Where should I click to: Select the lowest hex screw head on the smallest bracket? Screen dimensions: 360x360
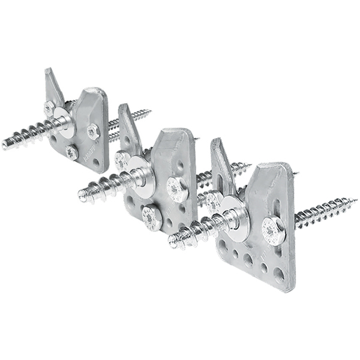pyautogui.click(x=71, y=152)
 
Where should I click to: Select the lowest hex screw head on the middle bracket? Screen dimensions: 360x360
pyautogui.click(x=151, y=217)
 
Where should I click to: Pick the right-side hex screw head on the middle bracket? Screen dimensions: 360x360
pyautogui.click(x=176, y=188)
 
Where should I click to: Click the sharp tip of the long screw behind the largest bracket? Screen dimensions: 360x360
pyautogui.click(x=355, y=200)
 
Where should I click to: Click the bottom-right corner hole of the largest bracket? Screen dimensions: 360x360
pyautogui.click(x=278, y=274)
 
